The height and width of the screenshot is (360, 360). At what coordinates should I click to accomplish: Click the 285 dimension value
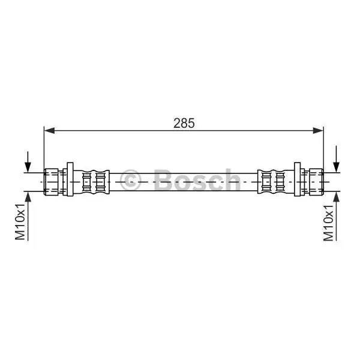pos(184,123)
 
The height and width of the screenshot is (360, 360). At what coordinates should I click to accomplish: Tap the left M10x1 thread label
pos(20,221)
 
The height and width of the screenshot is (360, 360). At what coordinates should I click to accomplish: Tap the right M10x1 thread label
pos(328,223)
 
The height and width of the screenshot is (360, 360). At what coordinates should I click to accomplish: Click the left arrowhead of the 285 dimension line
pos(49,130)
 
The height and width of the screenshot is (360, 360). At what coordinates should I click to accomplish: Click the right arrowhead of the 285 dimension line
pos(318,130)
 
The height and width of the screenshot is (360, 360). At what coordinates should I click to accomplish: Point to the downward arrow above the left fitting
pos(28,161)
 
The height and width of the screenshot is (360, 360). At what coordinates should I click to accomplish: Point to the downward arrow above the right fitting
pos(337,158)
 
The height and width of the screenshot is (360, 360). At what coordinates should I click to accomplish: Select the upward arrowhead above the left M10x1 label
pos(28,197)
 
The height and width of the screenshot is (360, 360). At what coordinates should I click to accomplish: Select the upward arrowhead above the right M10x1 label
pos(337,197)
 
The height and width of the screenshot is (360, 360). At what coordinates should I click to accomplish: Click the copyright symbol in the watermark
pos(130,180)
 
